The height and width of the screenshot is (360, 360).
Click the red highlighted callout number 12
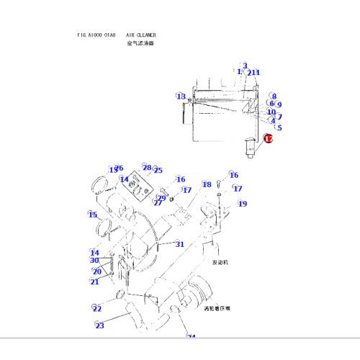coord(269,139)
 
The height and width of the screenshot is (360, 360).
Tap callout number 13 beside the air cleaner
coord(181,96)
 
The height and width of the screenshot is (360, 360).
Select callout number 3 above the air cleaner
coord(245,66)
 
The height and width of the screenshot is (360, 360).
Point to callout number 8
coord(274,96)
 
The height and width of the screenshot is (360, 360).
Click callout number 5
coord(279,127)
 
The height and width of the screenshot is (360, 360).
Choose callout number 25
coord(158,171)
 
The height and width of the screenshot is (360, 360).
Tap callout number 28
coord(146,167)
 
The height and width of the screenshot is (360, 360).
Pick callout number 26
coord(119,168)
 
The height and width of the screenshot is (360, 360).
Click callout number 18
coord(207,185)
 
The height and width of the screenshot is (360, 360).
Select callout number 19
coord(243,204)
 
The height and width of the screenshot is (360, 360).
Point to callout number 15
coord(93,215)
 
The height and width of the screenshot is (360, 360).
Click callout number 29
coord(162,198)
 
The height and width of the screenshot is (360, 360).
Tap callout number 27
coord(157,203)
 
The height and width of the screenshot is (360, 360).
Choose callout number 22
coord(97,309)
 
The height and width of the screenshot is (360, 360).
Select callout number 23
coord(99,326)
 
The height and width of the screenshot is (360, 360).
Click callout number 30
coord(94,261)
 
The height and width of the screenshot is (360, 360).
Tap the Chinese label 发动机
coord(220,263)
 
